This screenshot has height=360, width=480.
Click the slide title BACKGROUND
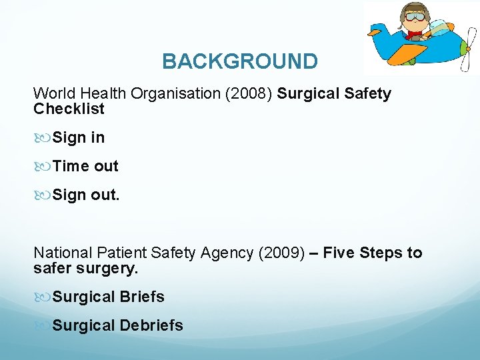tap(240, 61)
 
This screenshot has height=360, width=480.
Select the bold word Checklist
tap(69, 108)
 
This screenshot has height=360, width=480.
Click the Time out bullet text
tap(85, 167)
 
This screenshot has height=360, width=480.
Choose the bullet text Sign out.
tap(86, 195)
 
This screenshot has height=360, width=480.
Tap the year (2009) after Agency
tap(281, 253)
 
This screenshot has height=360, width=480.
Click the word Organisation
tap(169, 94)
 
